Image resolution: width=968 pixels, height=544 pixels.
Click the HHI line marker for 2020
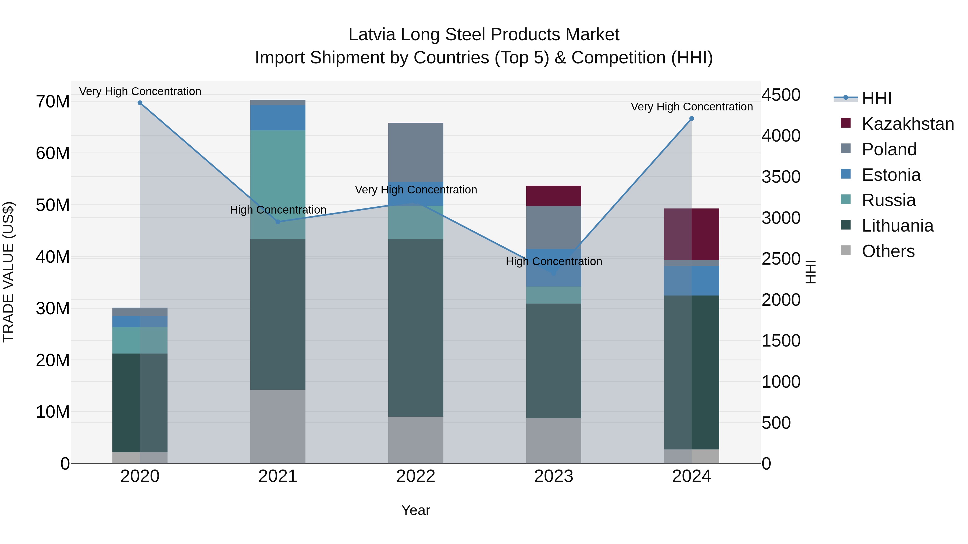[x=140, y=103]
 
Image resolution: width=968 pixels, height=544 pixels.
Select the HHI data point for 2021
[x=278, y=222]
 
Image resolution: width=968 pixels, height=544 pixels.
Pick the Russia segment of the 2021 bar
[x=278, y=184]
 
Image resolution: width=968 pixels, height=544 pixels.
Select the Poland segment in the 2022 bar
[x=416, y=152]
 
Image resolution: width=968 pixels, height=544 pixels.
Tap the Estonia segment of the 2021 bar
[x=278, y=117]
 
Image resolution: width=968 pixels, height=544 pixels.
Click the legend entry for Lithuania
[x=897, y=226]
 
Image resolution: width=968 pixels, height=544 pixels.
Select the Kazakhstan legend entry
[x=907, y=124]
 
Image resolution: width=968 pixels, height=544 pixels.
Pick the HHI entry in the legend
[x=876, y=98]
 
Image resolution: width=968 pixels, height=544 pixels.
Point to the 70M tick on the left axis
[x=53, y=102]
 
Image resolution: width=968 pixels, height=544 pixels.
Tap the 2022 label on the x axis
[x=416, y=476]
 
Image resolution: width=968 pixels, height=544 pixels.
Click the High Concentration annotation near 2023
[x=554, y=261]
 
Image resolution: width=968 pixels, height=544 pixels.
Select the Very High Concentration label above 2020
[x=140, y=91]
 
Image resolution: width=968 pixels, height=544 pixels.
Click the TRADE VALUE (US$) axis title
[x=8, y=272]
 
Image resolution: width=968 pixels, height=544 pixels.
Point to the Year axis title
[x=416, y=510]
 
